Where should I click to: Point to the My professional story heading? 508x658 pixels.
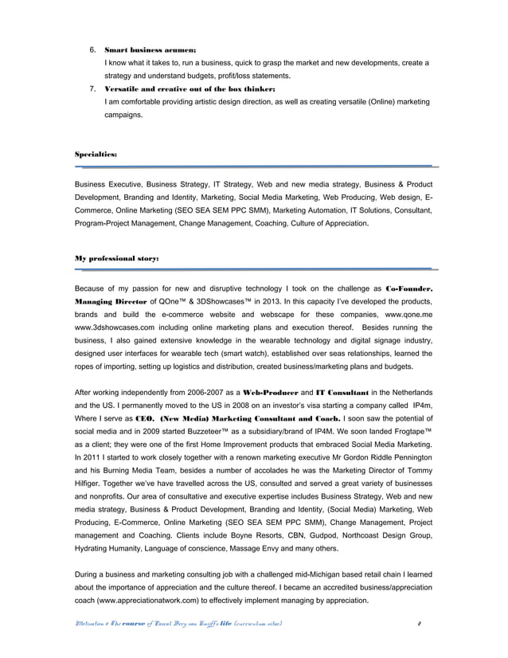click(116, 259)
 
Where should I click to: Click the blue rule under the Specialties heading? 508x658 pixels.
click(255, 166)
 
